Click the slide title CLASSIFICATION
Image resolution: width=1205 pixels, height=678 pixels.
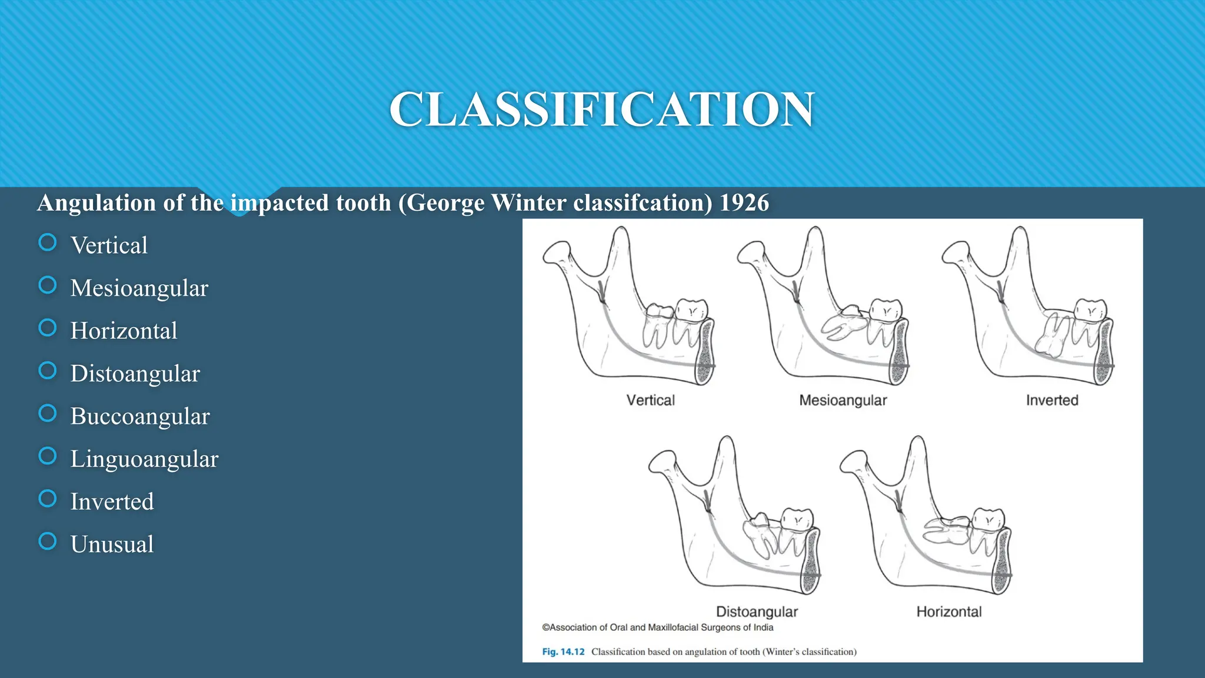(602, 109)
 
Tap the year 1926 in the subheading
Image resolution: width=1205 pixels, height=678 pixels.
(744, 203)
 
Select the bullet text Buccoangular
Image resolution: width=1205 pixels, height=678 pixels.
(139, 416)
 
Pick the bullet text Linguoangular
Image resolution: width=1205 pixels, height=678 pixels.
(144, 459)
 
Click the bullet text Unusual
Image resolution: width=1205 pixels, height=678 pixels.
(112, 544)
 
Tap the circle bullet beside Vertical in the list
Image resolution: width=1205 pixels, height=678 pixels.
(48, 242)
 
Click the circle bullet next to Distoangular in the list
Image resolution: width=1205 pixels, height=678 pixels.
(48, 371)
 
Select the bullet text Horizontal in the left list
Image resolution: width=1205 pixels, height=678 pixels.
(124, 331)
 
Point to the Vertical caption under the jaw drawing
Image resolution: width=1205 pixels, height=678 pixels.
(650, 400)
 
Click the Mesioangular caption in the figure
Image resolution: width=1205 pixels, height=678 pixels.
(843, 400)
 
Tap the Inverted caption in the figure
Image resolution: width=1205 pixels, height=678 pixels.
(1052, 400)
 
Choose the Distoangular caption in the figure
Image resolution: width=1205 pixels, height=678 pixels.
(757, 611)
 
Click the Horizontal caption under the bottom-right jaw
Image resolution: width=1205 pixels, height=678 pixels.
(949, 611)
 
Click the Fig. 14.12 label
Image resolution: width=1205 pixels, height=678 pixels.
(563, 652)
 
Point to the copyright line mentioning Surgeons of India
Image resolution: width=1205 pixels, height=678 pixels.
(657, 627)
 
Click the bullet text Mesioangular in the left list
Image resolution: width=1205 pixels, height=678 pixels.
(139, 288)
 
